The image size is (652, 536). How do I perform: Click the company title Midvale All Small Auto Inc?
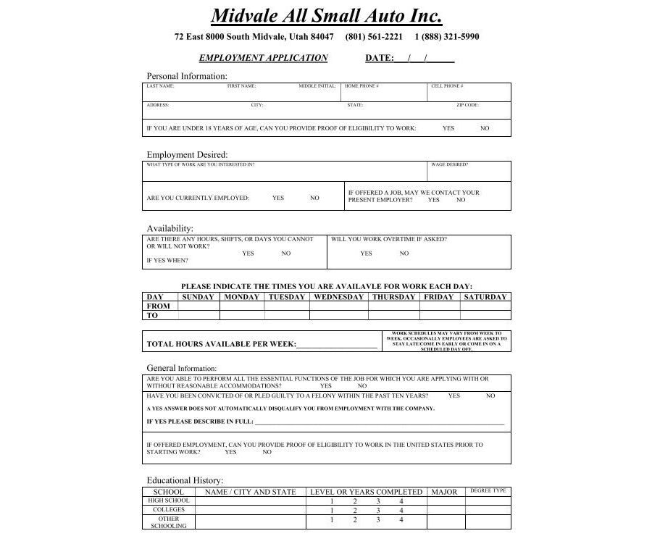coord(326,16)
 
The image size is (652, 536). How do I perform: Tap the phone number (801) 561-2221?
coord(374,37)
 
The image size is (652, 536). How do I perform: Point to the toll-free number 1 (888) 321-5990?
coord(446,37)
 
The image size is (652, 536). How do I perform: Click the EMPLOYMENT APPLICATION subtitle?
coord(263,58)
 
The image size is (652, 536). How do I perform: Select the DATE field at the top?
coord(424,58)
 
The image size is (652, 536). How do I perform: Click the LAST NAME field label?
coord(160,86)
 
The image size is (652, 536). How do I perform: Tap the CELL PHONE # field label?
coord(447,86)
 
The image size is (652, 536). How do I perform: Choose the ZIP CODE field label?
coord(467,105)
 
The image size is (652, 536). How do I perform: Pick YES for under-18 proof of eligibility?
coord(448,128)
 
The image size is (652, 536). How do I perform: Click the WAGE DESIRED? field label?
coord(449,164)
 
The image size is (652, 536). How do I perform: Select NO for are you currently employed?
coord(314,198)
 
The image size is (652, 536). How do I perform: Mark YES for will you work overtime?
coord(366,254)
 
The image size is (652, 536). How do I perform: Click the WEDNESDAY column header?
coord(339,297)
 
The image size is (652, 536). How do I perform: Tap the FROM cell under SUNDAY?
coord(198,306)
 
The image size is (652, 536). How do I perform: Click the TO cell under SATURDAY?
coord(485,315)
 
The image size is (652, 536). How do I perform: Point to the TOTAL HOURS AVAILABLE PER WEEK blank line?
coord(337,345)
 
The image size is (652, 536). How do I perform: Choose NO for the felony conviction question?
coord(490,396)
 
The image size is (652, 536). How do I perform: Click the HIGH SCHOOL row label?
coord(169,501)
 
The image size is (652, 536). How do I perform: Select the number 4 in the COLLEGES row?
coord(401,510)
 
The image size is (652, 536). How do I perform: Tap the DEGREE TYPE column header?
coord(488,491)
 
